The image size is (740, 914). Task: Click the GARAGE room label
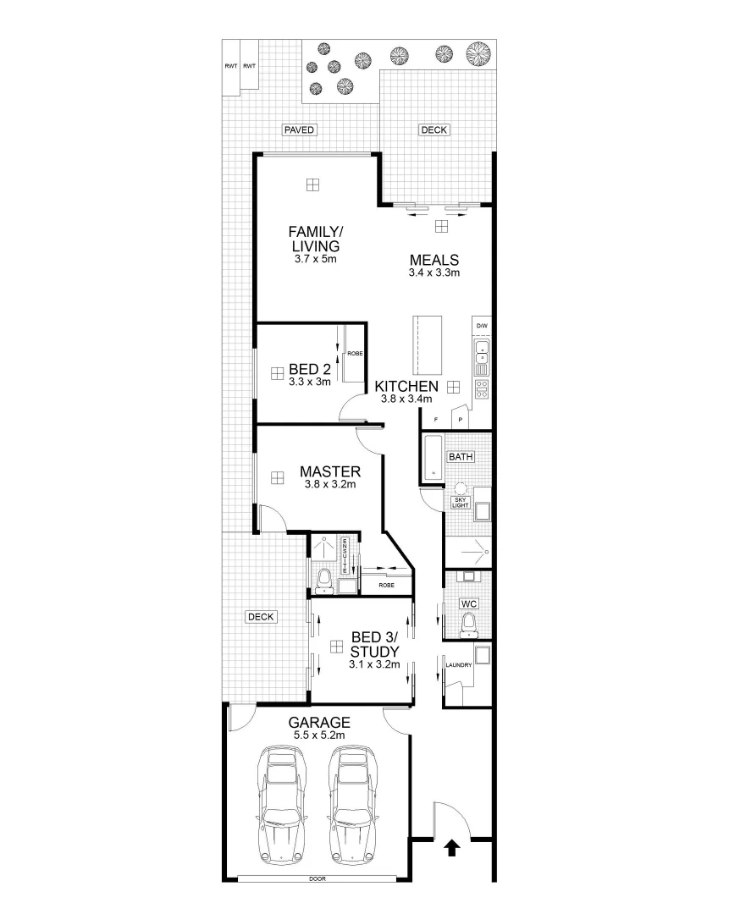coord(319,723)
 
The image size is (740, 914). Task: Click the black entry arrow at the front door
coord(452,847)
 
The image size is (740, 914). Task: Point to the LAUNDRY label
coord(458,665)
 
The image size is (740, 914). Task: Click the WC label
coord(468,604)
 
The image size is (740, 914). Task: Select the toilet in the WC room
coord(468,625)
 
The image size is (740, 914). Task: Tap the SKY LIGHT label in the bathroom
coord(461,502)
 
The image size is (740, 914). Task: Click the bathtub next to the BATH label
coord(432,458)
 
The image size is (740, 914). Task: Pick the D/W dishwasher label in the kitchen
coord(482,326)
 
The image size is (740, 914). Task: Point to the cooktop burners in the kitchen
coord(482,388)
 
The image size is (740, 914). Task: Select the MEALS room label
coord(434,260)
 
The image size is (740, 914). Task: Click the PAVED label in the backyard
coord(300,130)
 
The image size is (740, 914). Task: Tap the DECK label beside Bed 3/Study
coord(261,617)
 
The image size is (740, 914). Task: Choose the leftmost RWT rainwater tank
coord(230,67)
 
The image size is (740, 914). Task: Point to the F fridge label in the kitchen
coord(435,420)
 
